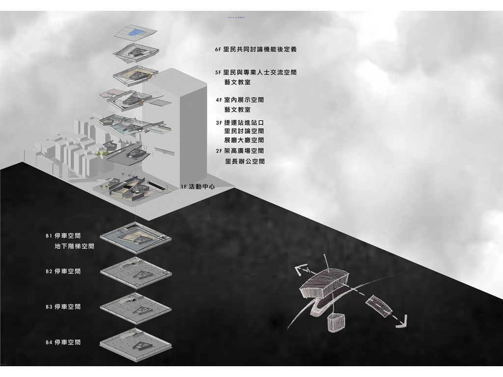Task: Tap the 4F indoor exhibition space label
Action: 240,100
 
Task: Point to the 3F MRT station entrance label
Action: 240,122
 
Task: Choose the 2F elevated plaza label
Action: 240,151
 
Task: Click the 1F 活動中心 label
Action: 197,187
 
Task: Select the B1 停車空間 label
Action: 63,236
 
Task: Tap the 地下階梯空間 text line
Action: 75,246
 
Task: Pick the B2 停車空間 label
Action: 63,271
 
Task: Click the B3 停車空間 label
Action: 63,307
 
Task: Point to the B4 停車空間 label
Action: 63,342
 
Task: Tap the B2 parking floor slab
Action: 135,273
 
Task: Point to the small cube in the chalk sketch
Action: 335,323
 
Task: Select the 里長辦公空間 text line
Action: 245,161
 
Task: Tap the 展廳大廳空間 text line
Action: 244,140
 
